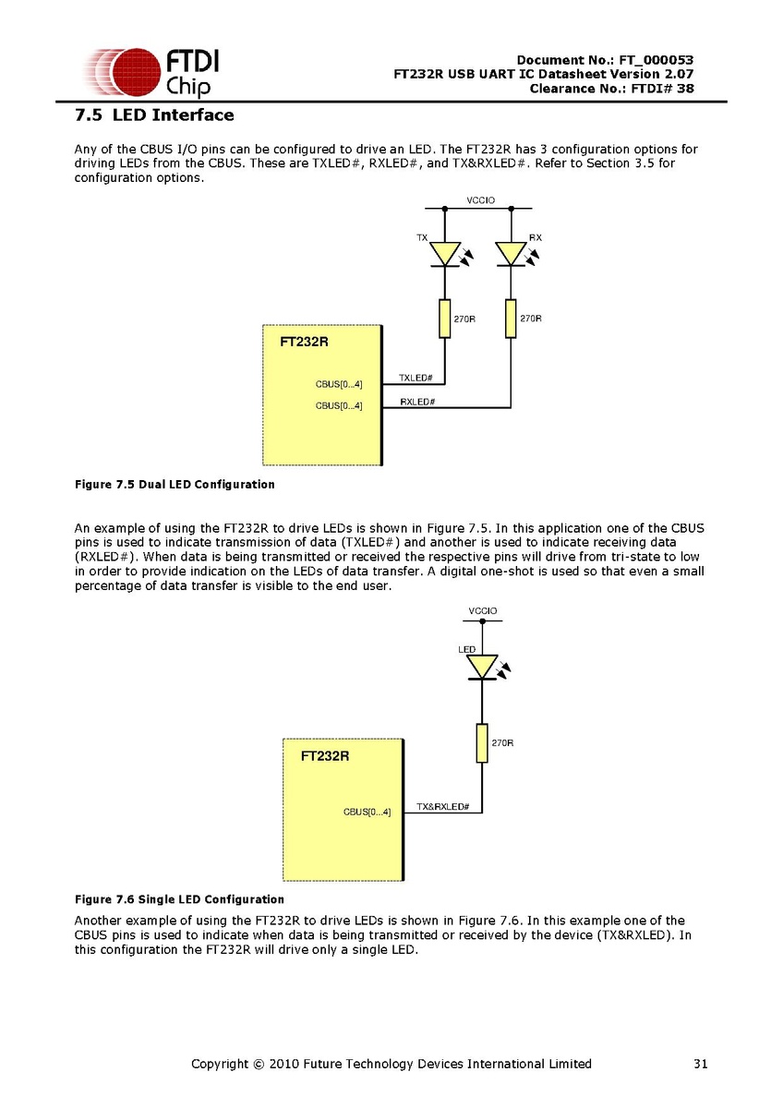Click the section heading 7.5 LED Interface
pyautogui.click(x=154, y=115)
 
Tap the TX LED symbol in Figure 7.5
pyautogui.click(x=446, y=253)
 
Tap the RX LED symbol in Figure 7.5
pyautogui.click(x=511, y=253)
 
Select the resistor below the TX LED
pyautogui.click(x=445, y=319)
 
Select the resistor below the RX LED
pyautogui.click(x=511, y=319)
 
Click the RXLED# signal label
pyautogui.click(x=418, y=402)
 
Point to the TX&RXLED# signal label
pyautogui.click(x=443, y=807)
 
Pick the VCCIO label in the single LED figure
pyautogui.click(x=482, y=611)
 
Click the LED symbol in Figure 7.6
pyautogui.click(x=482, y=666)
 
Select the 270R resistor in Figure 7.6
pyautogui.click(x=482, y=743)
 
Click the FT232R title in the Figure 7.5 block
pyautogui.click(x=304, y=342)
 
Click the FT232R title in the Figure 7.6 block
pyautogui.click(x=325, y=755)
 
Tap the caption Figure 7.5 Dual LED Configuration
pyautogui.click(x=174, y=484)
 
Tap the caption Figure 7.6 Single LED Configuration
pyautogui.click(x=179, y=899)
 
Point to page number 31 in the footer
pyautogui.click(x=700, y=1064)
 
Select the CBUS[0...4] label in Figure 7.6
pyautogui.click(x=367, y=813)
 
